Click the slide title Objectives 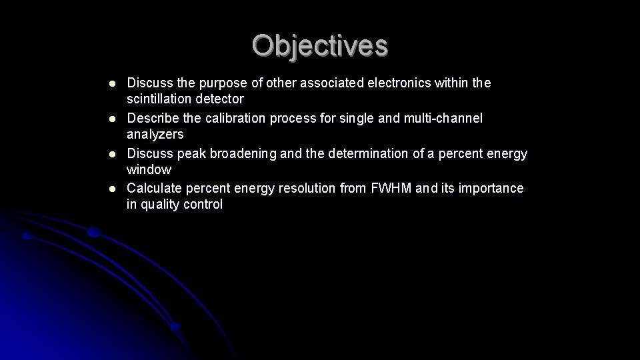click(319, 45)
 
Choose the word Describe click(151, 119)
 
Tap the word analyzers click(155, 135)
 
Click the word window click(149, 170)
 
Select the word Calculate click(153, 189)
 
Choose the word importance click(491, 189)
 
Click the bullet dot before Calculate click(113, 189)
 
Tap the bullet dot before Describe click(113, 119)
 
